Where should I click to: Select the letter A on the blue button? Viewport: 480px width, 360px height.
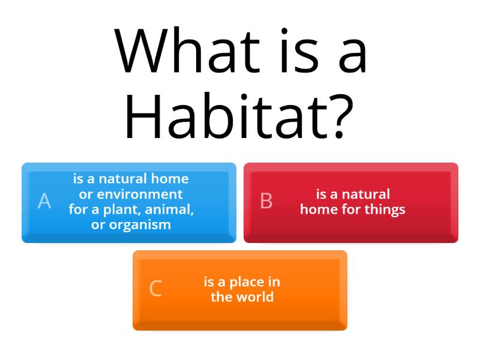tap(44, 201)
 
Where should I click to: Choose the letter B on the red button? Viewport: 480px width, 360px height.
tap(266, 201)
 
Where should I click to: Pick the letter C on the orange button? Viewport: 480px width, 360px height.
tap(155, 289)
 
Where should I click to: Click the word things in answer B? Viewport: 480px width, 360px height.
tap(388, 209)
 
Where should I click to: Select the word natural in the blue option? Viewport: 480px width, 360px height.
tap(122, 179)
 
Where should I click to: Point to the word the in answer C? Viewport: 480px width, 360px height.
tap(221, 297)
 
